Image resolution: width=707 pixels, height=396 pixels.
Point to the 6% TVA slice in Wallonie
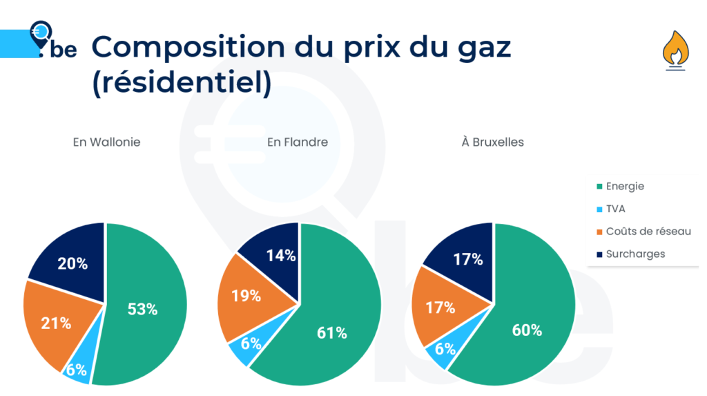(x=77, y=368)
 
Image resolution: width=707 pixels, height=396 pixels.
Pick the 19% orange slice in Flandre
(x=246, y=295)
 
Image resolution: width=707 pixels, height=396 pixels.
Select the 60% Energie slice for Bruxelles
(x=526, y=330)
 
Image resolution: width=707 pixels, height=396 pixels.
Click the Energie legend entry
(x=624, y=186)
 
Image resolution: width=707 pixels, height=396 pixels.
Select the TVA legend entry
(x=615, y=209)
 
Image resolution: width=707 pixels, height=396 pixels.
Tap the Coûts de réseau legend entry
(x=648, y=232)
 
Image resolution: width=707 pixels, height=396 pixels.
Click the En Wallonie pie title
(x=106, y=142)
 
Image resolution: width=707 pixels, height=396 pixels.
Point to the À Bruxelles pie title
(x=492, y=142)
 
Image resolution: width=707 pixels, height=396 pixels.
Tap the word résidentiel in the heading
(x=181, y=83)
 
